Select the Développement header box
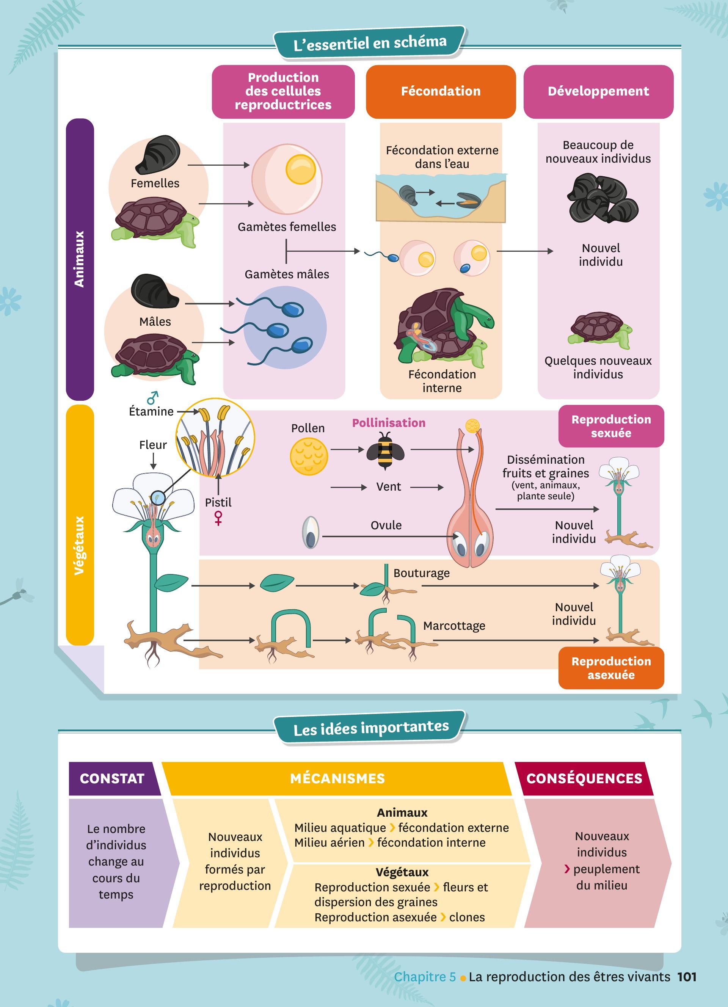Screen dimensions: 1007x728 click(598, 91)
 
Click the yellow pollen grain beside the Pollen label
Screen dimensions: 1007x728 click(309, 456)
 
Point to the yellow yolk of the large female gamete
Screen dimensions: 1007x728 click(301, 169)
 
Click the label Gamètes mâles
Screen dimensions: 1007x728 click(287, 274)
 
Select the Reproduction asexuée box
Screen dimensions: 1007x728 click(611, 668)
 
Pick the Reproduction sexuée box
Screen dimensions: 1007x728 click(611, 426)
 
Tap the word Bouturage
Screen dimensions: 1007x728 click(421, 573)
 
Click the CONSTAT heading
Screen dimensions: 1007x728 click(112, 778)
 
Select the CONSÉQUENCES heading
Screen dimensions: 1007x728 click(584, 778)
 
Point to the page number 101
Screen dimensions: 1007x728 click(687, 977)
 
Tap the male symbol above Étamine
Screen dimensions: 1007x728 click(152, 397)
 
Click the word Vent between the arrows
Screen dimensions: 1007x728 click(388, 487)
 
